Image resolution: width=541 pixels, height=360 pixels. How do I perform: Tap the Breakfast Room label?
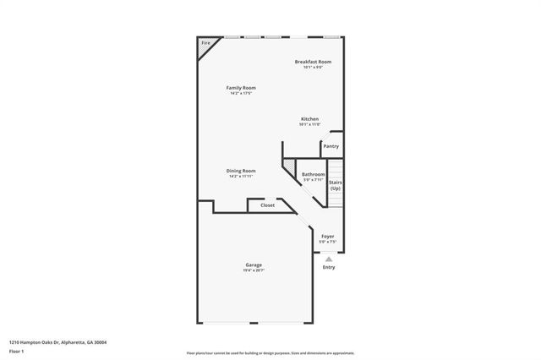tap(313, 62)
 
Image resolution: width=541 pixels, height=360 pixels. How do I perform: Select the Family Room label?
tap(241, 88)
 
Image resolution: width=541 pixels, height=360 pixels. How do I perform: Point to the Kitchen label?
tap(310, 119)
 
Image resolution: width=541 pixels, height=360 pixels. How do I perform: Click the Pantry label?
tap(331, 146)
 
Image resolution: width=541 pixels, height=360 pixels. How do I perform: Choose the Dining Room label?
tap(241, 171)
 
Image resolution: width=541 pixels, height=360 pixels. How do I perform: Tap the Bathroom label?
tap(313, 174)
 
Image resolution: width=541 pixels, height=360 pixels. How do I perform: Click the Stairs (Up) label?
tap(335, 185)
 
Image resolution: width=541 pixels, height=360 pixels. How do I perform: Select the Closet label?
tap(267, 205)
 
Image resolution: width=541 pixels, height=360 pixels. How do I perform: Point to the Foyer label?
tap(327, 237)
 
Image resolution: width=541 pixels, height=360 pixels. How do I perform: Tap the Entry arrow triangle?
tap(328, 259)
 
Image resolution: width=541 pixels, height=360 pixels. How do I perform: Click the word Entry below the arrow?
tap(328, 268)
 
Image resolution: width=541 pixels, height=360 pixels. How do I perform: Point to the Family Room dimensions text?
tap(241, 93)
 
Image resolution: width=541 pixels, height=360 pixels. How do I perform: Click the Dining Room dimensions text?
tap(241, 176)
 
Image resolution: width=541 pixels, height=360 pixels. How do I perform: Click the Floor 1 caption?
tap(17, 351)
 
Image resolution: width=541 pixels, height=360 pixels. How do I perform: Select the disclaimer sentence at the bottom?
tap(270, 352)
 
